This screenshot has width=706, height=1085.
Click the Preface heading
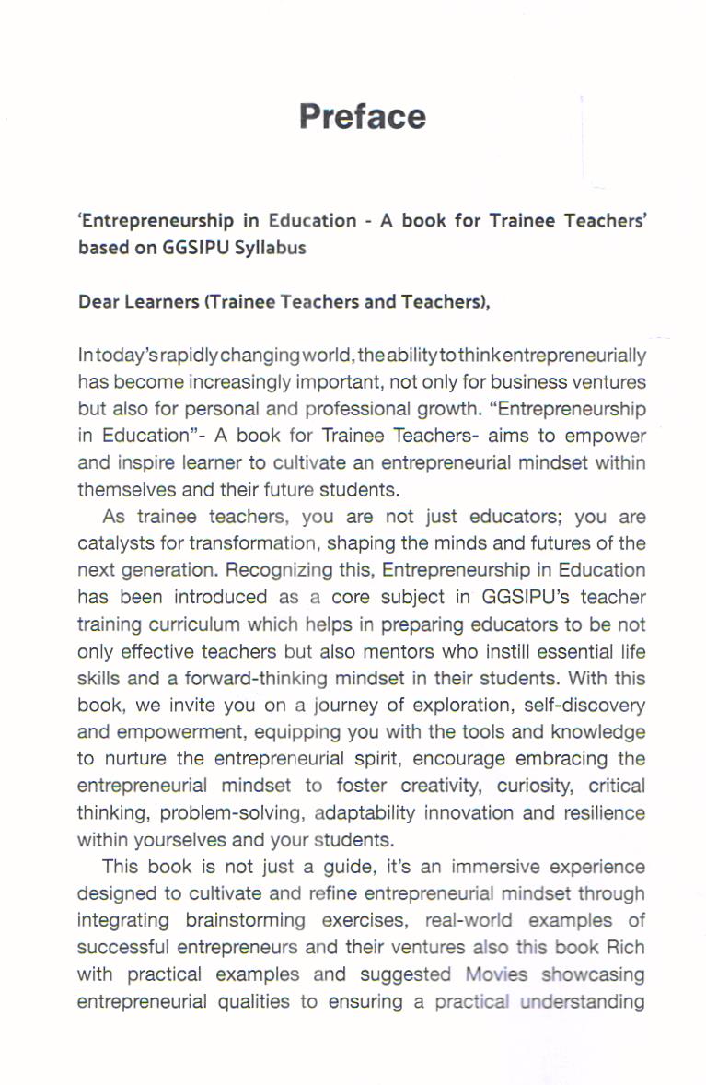click(x=363, y=117)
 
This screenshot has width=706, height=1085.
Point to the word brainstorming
click(x=245, y=921)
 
